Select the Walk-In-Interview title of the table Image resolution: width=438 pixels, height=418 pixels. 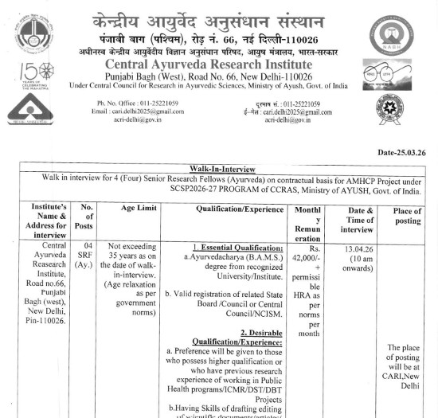(x=216, y=169)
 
